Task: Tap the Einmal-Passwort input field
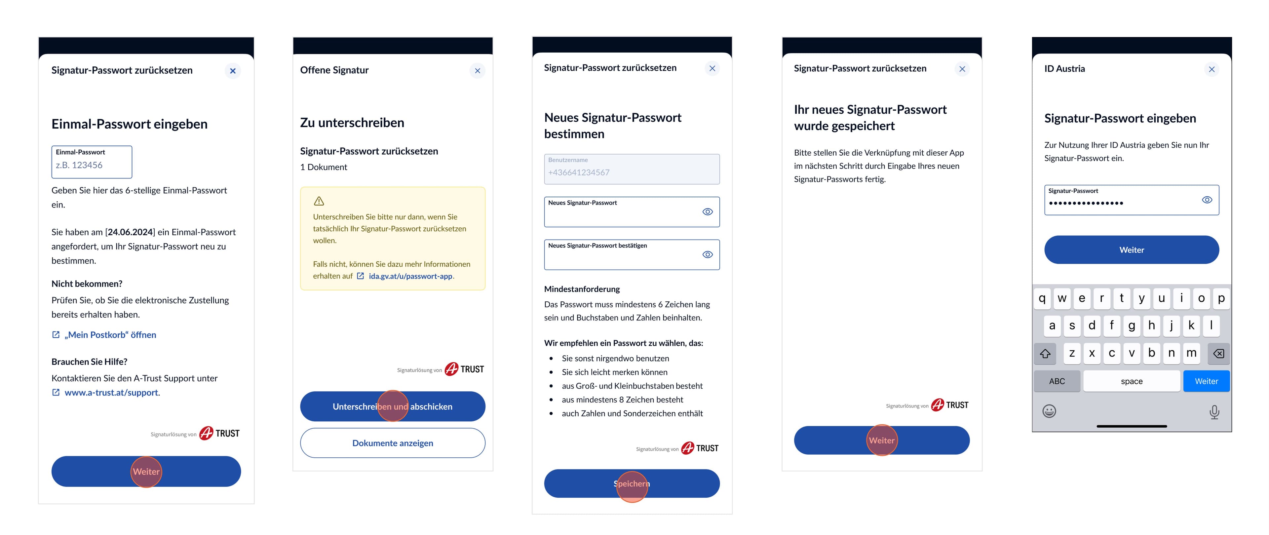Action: [x=92, y=162]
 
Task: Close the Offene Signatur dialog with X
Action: [x=477, y=70]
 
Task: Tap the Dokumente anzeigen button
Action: [x=393, y=443]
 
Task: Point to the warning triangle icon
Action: [x=319, y=201]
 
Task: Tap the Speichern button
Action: [x=632, y=483]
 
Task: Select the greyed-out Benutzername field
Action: [x=632, y=169]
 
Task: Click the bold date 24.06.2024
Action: [x=130, y=232]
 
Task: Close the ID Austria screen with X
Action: [x=1211, y=69]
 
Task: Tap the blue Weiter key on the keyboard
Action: [x=1206, y=381]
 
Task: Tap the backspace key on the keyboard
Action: [x=1218, y=353]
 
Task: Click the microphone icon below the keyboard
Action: [x=1214, y=412]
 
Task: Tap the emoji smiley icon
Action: [x=1049, y=411]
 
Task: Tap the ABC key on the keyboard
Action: [x=1057, y=381]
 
